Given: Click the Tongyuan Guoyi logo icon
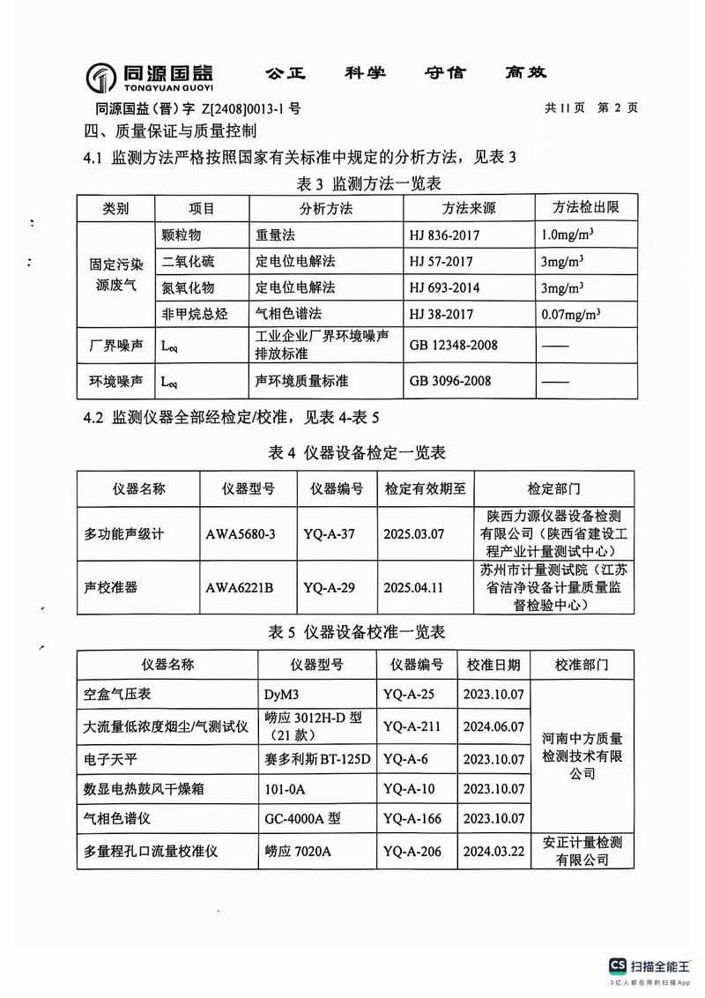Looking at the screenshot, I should (101, 78).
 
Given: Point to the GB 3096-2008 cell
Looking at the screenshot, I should (451, 381).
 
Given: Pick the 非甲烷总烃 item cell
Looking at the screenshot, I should (195, 313).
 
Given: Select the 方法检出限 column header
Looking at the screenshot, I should (585, 209).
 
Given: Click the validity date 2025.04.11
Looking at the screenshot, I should (412, 585).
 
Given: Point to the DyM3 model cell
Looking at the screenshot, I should (282, 695).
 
